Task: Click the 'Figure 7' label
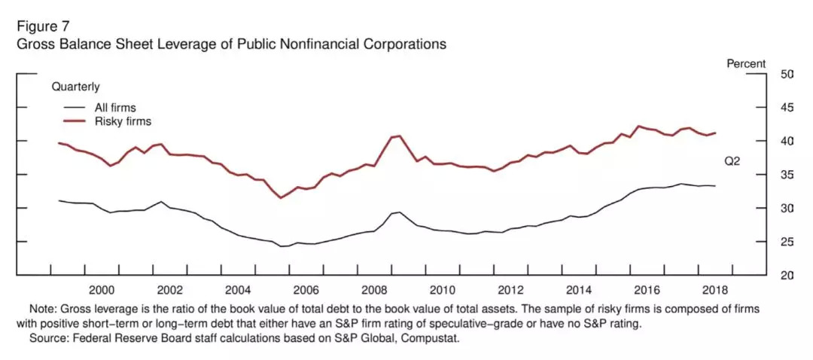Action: (44, 26)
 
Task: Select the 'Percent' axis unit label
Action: (746, 64)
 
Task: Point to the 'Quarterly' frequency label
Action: (75, 87)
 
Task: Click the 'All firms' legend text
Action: (115, 108)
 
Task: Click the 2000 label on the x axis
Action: (102, 290)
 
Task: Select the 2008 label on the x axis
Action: (374, 290)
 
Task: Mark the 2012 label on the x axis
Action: (511, 290)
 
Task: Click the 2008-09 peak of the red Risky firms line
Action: (399, 136)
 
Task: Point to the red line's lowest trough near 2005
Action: (281, 198)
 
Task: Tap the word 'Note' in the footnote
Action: (41, 310)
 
